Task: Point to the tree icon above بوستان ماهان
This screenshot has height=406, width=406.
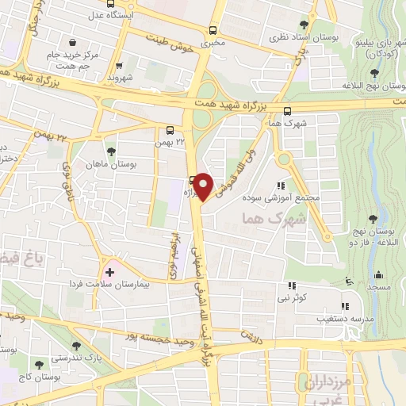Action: click(x=109, y=149)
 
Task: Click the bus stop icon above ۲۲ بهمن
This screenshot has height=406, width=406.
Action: click(x=170, y=131)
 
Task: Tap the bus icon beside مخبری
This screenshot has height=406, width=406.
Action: click(x=212, y=30)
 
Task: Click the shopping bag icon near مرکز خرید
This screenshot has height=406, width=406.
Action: click(x=73, y=42)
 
